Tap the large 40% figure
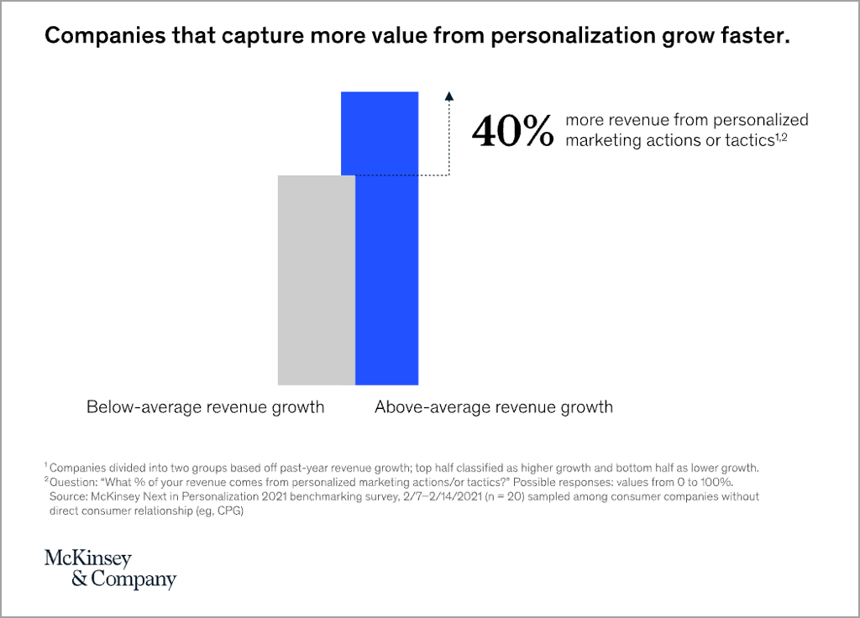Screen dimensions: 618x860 tap(512, 131)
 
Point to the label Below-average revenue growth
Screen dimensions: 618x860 tap(205, 408)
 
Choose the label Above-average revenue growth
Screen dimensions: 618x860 tap(494, 408)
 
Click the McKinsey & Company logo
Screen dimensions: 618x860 tap(110, 569)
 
